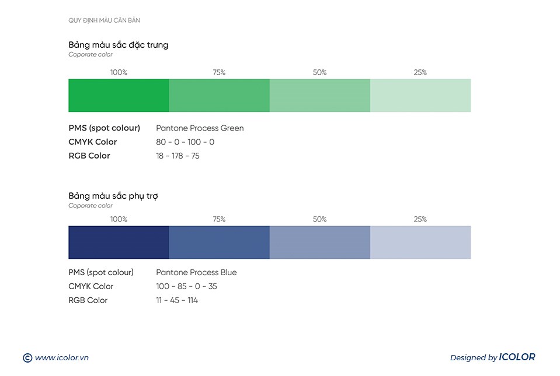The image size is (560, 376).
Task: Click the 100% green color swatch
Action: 119,95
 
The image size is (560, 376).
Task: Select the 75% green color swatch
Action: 219,95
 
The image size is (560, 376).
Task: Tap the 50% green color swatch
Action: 319,95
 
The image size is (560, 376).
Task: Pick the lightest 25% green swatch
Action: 420,95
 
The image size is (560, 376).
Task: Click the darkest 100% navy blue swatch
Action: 119,242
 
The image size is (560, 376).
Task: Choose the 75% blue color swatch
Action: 219,242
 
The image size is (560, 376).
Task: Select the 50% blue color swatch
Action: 319,242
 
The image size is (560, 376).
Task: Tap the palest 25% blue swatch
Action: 420,242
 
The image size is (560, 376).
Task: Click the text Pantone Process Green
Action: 200,128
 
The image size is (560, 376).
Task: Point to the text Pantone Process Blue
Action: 196,272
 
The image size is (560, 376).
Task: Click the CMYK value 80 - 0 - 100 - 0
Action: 185,142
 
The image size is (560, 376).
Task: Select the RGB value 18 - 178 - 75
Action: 178,156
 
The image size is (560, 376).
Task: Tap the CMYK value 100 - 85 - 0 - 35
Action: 186,286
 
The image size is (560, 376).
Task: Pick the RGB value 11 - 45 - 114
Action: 177,300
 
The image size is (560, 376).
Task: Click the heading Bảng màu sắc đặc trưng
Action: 118,45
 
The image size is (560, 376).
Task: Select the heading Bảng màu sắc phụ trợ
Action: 113,196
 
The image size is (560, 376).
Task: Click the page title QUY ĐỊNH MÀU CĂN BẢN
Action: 104,20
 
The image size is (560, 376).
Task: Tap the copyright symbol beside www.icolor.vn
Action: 27,358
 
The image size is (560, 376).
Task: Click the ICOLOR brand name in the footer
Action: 517,357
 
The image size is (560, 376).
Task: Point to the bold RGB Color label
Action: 89,156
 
